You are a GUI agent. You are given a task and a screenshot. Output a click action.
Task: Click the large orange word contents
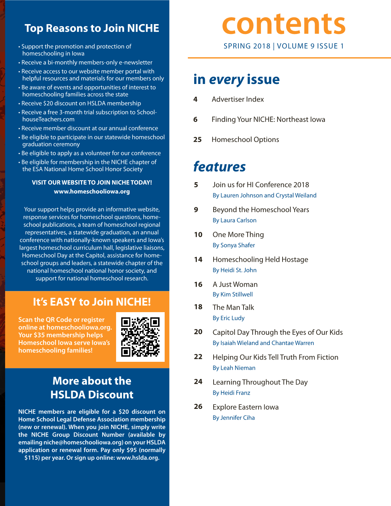point(284,24)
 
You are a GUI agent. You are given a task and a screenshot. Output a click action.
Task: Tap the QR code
point(140,337)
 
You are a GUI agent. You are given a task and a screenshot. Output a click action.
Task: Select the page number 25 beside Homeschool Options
point(198,139)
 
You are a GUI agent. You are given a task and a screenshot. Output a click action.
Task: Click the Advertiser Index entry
point(238,99)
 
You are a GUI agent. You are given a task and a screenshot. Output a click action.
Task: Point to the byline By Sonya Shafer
point(234,245)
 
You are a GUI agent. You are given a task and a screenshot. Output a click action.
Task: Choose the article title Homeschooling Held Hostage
point(260,260)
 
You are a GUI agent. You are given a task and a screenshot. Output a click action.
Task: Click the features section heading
point(219,166)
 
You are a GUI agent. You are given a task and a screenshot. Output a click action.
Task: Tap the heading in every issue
point(236,79)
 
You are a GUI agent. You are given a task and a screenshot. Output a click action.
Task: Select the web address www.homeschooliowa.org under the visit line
point(92,191)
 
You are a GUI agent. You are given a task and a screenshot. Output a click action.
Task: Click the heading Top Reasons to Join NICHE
point(92,28)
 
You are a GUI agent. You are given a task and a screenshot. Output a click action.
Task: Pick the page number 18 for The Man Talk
point(198,307)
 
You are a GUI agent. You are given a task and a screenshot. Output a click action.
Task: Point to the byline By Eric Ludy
point(229,318)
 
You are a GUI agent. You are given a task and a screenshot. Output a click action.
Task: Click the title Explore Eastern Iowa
point(245,407)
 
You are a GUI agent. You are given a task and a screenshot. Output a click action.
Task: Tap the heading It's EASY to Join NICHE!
point(92,302)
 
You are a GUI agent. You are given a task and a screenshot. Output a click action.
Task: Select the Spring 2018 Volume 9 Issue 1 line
point(284,46)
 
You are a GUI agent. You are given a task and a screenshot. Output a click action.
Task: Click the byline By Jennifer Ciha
point(234,418)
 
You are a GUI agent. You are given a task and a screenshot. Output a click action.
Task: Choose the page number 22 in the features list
point(198,357)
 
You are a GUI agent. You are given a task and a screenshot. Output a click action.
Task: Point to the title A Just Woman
point(235,284)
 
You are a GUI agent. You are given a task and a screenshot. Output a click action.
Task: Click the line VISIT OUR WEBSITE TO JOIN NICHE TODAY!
point(92,183)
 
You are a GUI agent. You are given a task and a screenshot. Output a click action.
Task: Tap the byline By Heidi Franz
point(231,393)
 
